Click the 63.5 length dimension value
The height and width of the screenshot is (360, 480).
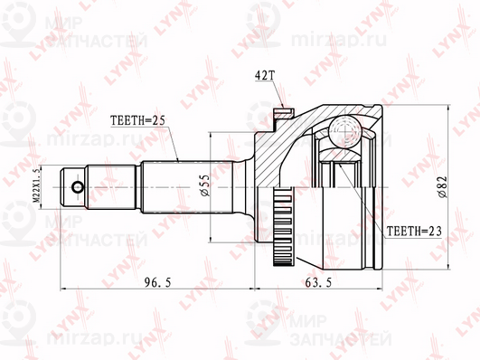(339, 282)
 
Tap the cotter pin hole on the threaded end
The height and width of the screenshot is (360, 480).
(78, 188)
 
